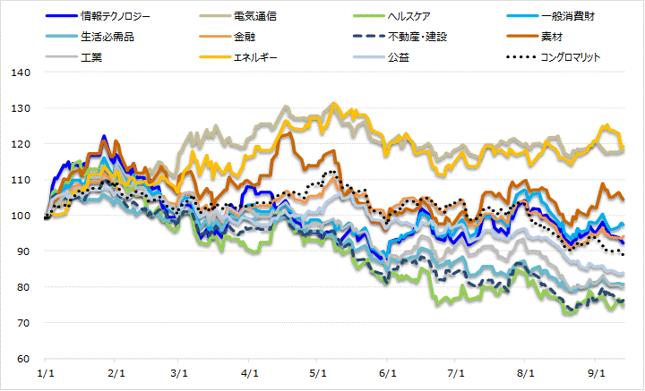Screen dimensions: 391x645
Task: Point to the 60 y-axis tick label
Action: coord(21,359)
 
